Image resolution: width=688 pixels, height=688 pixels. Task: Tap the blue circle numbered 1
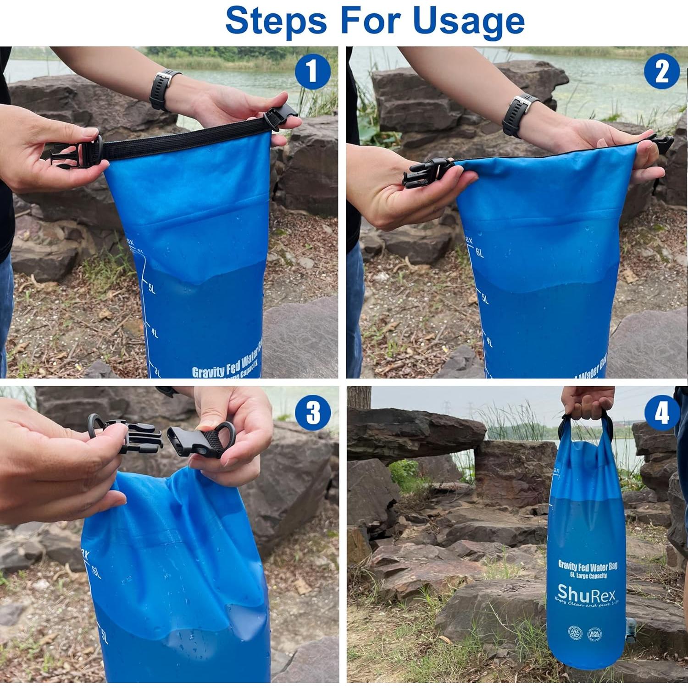[312, 72]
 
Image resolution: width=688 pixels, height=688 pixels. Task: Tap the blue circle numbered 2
[661, 72]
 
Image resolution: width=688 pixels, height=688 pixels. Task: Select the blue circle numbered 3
[313, 412]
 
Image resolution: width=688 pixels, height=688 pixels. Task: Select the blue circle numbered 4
[661, 413]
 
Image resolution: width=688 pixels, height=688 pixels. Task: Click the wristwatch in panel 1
[164, 90]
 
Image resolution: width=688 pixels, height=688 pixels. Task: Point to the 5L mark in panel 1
[151, 289]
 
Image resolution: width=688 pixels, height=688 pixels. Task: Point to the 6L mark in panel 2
[479, 253]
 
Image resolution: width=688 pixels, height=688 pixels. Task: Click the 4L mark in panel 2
[488, 342]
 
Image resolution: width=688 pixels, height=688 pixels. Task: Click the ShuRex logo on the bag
[586, 595]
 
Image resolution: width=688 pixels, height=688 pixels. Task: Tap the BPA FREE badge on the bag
[594, 634]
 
